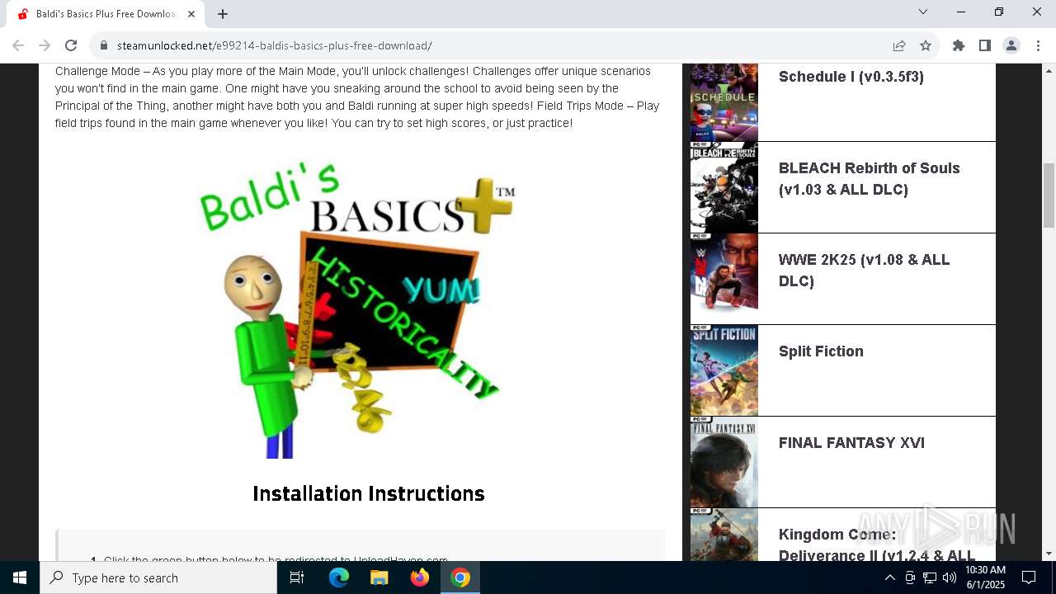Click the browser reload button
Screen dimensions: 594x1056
coord(71,45)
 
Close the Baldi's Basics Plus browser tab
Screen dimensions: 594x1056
coord(191,14)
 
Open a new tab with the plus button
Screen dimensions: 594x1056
coord(223,14)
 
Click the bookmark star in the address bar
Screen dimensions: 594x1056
coord(926,45)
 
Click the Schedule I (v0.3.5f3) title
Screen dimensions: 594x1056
coord(851,77)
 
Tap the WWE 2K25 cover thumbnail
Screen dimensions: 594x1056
coord(724,279)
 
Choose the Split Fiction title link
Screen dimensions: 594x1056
coord(820,351)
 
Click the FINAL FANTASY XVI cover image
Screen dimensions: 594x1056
coord(724,462)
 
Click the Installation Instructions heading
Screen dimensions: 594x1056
coord(368,493)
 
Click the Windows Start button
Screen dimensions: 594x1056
coord(20,577)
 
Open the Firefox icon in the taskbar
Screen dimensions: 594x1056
coord(420,577)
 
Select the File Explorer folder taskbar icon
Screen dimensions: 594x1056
coord(379,577)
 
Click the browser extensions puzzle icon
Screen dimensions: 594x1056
coord(958,45)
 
